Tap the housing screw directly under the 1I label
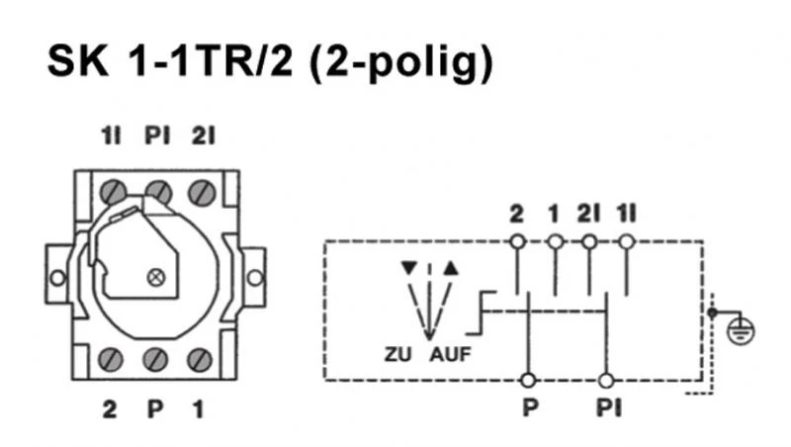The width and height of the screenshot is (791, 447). click(x=111, y=190)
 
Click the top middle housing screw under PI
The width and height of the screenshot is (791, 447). click(x=155, y=190)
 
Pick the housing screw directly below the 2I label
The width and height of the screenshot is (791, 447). click(x=201, y=190)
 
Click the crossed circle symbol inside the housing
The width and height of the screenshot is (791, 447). click(x=154, y=278)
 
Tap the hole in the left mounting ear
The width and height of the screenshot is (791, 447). click(x=58, y=278)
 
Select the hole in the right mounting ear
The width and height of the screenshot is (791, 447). click(x=255, y=278)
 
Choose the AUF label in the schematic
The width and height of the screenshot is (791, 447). click(x=450, y=355)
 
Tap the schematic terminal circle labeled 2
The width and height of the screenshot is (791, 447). click(x=515, y=241)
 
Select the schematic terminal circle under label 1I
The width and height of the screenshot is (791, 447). click(x=625, y=241)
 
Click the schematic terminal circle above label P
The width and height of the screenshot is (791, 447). click(x=529, y=380)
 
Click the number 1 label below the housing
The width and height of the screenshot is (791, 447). click(x=199, y=407)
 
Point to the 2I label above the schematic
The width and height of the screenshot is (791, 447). click(x=589, y=214)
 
